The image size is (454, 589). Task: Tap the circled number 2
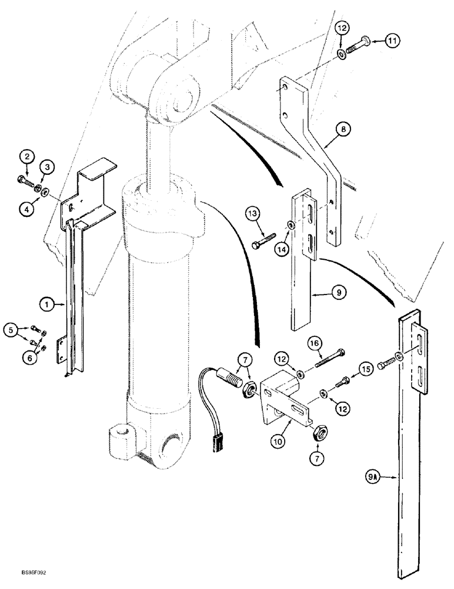click(x=26, y=157)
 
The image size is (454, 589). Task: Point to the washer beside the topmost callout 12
click(x=342, y=55)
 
